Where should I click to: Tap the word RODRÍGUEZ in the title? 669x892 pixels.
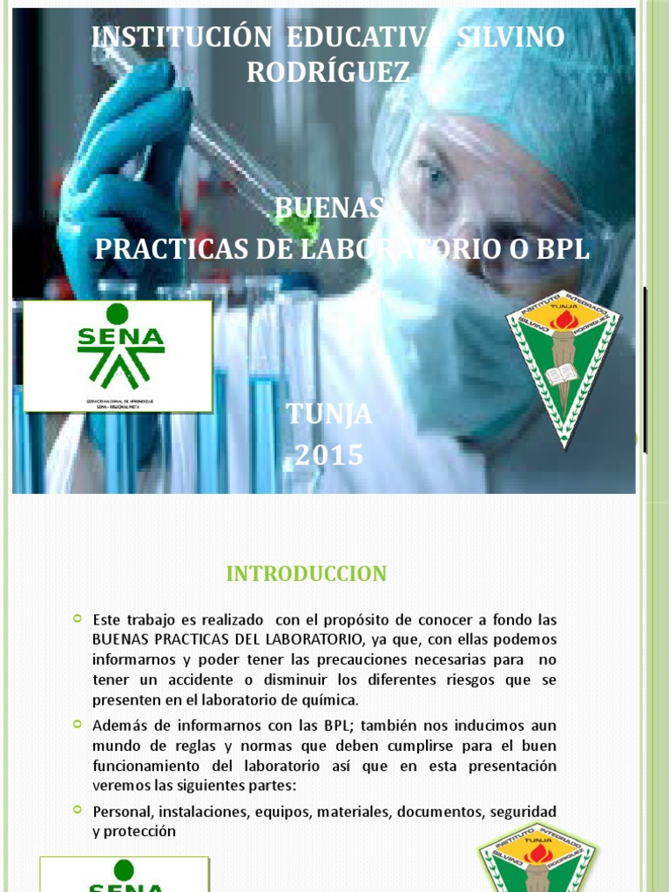pyautogui.click(x=328, y=73)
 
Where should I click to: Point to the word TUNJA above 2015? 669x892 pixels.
pyautogui.click(x=328, y=416)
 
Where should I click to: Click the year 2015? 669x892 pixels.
pyautogui.click(x=328, y=455)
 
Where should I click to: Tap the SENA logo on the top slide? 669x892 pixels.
pyautogui.click(x=118, y=355)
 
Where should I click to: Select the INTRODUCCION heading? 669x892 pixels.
pyautogui.click(x=306, y=573)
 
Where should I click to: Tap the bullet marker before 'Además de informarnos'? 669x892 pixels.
pyautogui.click(x=78, y=725)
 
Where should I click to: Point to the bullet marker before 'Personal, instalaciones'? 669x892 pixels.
pyautogui.click(x=78, y=810)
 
